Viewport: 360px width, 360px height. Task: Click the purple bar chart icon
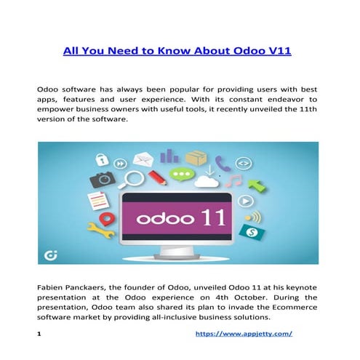click(x=169, y=156)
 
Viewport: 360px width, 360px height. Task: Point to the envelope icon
click(x=142, y=158)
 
